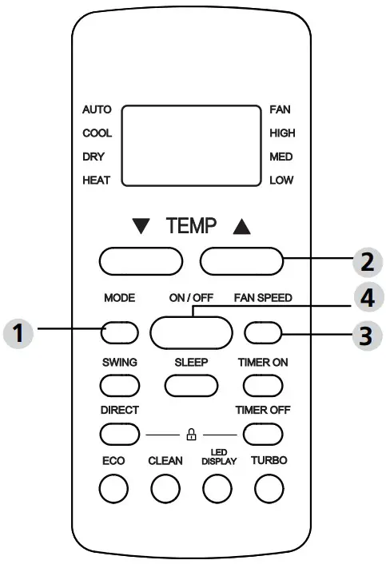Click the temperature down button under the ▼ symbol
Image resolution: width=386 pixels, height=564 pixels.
(x=141, y=261)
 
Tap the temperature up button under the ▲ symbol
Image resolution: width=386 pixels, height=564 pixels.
(x=242, y=261)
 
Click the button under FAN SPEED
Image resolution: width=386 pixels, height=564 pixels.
(x=264, y=331)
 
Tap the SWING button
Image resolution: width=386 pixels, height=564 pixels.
(x=119, y=384)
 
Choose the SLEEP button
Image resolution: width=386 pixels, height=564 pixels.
(x=192, y=384)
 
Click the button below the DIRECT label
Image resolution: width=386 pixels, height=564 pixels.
(x=119, y=434)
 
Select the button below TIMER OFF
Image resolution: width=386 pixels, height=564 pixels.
(x=264, y=434)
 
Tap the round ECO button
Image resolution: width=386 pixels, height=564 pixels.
(x=113, y=488)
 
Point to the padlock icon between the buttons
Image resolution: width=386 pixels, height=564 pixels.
(x=191, y=435)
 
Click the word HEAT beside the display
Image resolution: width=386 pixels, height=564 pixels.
(x=97, y=181)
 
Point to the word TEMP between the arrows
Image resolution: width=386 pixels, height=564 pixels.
(x=191, y=227)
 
